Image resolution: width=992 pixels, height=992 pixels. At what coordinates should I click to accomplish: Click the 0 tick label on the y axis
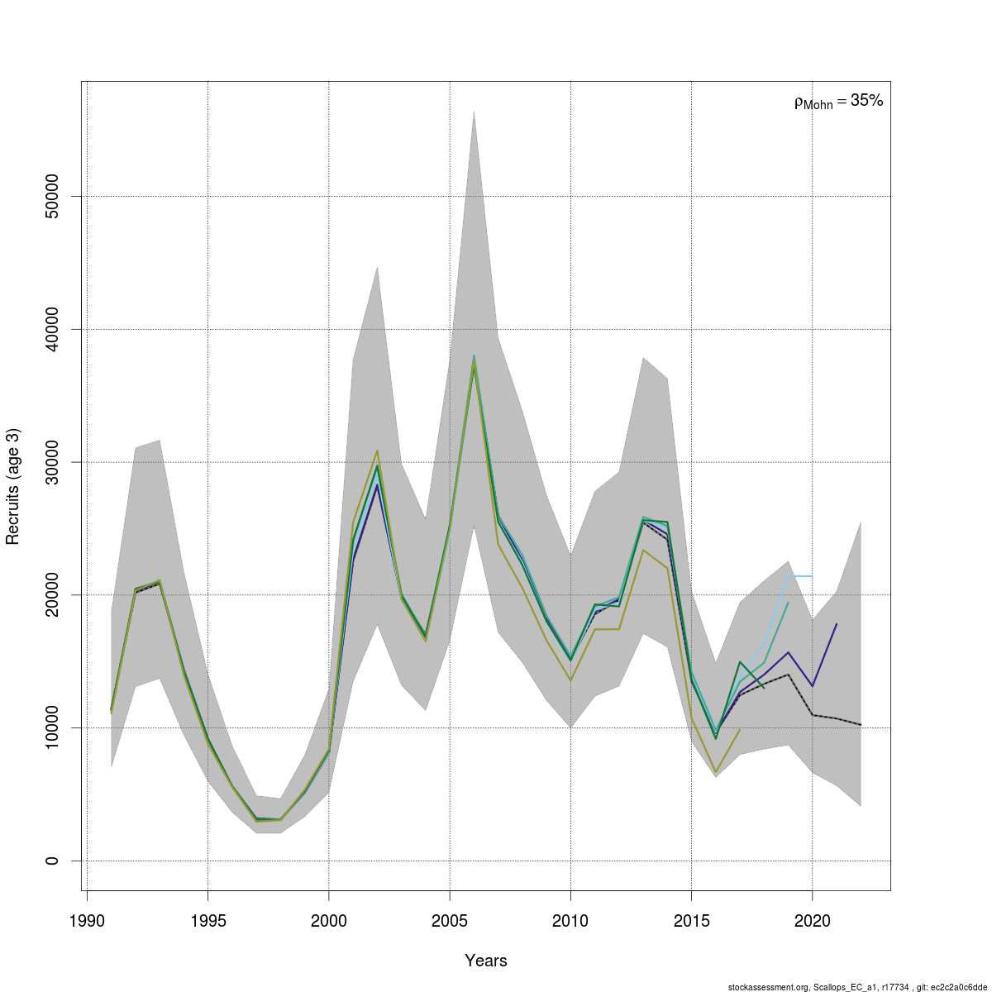pos(51,861)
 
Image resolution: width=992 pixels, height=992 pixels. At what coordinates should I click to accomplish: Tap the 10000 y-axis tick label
pos(51,727)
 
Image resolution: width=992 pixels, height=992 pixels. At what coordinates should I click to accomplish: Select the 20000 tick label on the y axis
pos(51,595)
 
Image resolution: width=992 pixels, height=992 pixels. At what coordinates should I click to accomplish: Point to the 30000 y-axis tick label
pos(51,462)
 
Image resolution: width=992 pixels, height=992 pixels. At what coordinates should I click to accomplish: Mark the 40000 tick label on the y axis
pos(51,329)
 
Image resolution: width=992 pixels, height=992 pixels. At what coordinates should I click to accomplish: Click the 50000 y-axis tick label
pos(51,196)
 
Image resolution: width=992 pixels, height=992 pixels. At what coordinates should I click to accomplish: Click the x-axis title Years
pos(486,961)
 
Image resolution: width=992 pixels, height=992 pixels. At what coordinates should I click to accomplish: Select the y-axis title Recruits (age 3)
pos(12,486)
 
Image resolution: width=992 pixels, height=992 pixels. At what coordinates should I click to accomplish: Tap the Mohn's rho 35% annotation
pos(838,102)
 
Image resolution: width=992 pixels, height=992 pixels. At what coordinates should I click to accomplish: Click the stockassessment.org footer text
pos(857,986)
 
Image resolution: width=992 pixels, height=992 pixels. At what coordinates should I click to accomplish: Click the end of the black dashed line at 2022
pos(861,725)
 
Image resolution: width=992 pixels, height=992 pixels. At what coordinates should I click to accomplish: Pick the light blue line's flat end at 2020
pos(812,576)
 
